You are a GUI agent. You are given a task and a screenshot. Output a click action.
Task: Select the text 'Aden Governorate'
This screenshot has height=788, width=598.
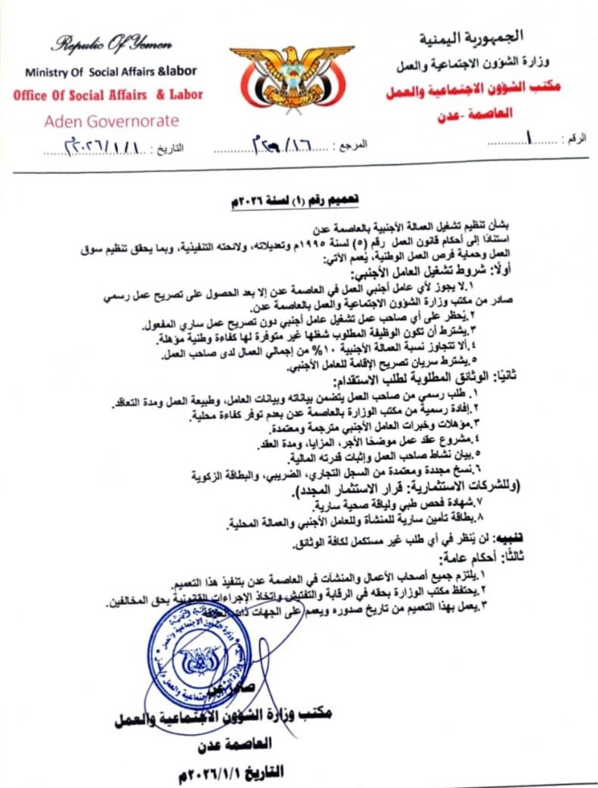(x=111, y=121)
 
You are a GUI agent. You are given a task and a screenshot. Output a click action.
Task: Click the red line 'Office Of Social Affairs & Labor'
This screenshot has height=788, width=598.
(x=108, y=96)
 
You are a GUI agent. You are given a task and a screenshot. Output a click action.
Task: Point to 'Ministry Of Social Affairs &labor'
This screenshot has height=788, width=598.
(x=111, y=71)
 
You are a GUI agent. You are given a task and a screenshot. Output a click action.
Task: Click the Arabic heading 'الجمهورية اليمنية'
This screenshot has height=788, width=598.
(x=482, y=37)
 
